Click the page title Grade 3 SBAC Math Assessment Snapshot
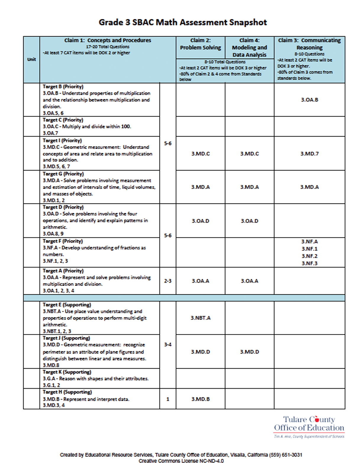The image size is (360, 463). (183, 22)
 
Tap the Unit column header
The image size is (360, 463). (32, 59)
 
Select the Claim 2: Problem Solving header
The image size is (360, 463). (200, 44)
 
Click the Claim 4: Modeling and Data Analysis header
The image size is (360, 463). (249, 47)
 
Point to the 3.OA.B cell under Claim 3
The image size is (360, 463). (309, 100)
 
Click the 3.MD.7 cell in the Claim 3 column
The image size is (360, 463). (309, 154)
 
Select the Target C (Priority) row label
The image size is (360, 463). (63, 120)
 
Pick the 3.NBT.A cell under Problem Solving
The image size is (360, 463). (200, 318)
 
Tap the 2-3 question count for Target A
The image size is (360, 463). (168, 281)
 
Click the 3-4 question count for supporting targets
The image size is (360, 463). (168, 345)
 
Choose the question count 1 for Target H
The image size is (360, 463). (168, 399)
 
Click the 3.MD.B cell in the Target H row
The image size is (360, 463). (200, 399)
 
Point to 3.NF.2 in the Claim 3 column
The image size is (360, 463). (309, 256)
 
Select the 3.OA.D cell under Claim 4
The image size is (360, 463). (249, 221)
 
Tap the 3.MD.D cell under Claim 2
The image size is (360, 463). (200, 352)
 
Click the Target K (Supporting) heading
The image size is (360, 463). (67, 372)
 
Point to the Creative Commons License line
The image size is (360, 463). (181, 461)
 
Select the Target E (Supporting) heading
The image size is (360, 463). (67, 305)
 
